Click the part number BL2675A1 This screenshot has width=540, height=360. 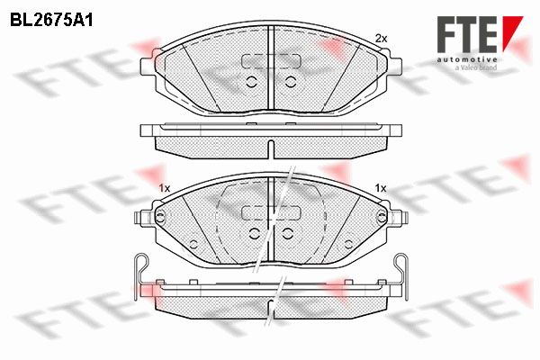tap(51, 21)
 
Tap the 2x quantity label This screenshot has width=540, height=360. tap(381, 39)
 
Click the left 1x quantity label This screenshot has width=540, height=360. tap(165, 188)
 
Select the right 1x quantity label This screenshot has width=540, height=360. tap(381, 188)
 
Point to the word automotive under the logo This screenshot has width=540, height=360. tap(467, 60)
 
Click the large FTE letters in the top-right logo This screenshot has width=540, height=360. tap(467, 34)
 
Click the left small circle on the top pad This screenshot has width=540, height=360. tap(252, 82)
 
